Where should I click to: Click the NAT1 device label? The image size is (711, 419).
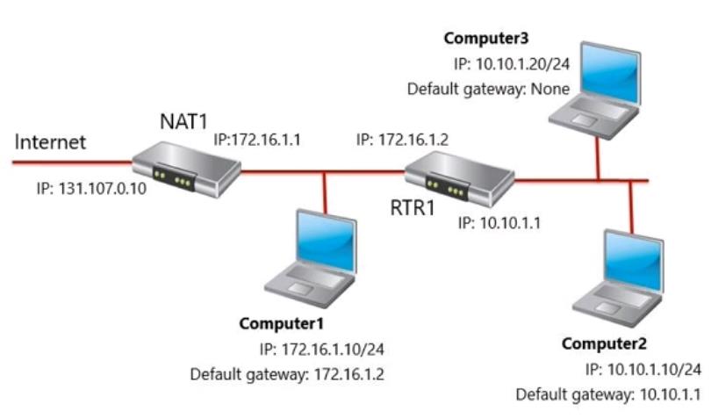tap(183, 121)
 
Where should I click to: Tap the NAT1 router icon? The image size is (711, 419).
tap(186, 170)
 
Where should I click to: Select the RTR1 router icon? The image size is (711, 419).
tap(459, 179)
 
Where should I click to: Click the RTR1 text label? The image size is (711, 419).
tap(413, 208)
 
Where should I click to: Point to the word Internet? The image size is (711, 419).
tap(50, 142)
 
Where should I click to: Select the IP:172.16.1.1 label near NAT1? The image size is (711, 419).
tap(257, 140)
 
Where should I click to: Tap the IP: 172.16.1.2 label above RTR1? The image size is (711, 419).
tap(402, 140)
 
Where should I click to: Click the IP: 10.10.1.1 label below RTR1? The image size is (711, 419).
tap(499, 222)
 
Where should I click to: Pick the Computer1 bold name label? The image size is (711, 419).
tap(282, 323)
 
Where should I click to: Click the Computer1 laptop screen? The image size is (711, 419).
tap(325, 241)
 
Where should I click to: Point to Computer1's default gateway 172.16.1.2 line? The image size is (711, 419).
tap(287, 374)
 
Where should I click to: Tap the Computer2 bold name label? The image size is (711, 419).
tap(604, 343)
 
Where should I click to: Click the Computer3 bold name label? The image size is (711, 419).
tap(486, 38)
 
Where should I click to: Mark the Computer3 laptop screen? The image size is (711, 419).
tap(611, 73)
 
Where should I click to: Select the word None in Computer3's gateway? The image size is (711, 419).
tap(550, 89)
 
